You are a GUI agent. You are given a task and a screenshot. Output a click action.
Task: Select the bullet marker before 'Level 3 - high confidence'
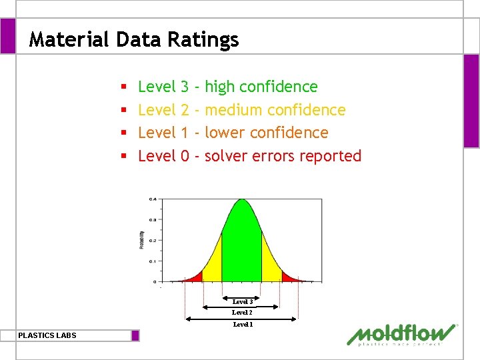click(x=124, y=87)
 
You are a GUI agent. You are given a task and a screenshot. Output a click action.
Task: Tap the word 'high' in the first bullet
click(x=220, y=87)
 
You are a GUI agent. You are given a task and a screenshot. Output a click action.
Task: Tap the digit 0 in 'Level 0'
click(x=185, y=156)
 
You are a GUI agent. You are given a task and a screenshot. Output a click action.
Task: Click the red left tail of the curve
click(x=194, y=277)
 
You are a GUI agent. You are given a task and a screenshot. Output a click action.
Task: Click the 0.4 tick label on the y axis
click(x=153, y=199)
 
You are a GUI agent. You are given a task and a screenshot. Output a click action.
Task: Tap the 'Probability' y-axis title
click(x=142, y=240)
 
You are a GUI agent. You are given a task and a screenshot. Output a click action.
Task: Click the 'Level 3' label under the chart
click(x=242, y=302)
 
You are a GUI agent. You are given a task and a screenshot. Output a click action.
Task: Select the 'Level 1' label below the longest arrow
click(x=242, y=324)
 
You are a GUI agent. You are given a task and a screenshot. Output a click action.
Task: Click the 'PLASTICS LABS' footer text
click(x=47, y=335)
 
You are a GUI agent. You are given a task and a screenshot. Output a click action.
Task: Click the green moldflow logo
click(x=402, y=335)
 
